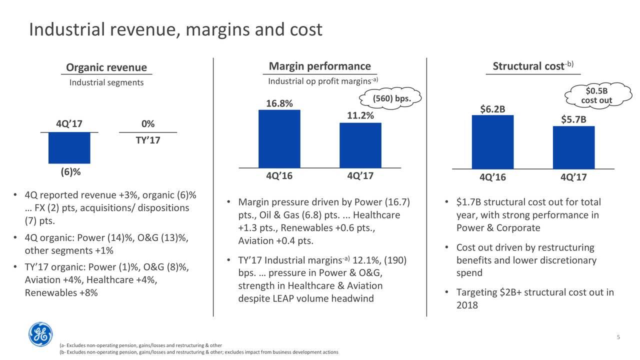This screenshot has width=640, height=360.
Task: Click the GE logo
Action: (x=40, y=334)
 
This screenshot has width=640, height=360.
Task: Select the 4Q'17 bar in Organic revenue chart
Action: (x=69, y=148)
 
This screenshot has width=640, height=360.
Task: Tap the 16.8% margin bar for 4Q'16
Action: (x=279, y=139)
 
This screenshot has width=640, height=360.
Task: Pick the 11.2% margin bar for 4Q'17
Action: (x=360, y=145)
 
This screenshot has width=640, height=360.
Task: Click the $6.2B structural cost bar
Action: (x=492, y=142)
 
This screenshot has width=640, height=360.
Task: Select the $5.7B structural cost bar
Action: (x=573, y=147)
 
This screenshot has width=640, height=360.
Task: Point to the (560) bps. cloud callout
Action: (x=390, y=98)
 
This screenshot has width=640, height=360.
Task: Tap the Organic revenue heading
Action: (x=106, y=67)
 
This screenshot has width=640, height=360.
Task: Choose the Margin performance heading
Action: (x=319, y=66)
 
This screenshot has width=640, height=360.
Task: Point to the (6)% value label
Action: (x=70, y=172)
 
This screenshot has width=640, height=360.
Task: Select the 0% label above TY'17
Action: (x=148, y=123)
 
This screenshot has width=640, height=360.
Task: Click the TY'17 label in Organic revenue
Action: (x=148, y=140)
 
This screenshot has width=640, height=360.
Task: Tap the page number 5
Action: (x=618, y=337)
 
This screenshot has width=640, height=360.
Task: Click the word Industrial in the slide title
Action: (x=67, y=29)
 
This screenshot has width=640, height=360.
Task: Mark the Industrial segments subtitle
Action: (x=106, y=82)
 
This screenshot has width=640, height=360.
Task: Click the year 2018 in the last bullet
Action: (x=467, y=305)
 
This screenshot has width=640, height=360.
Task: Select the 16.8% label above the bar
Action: (x=279, y=103)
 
